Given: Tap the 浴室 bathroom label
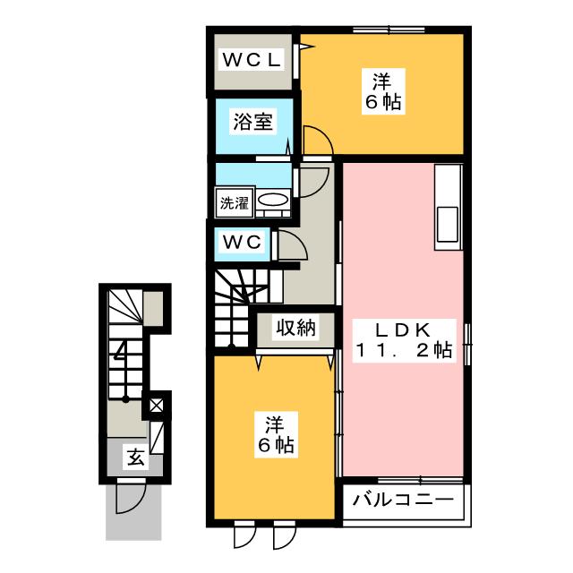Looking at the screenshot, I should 252,122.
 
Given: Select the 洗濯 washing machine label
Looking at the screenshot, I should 235,202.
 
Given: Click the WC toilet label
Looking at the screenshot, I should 241,242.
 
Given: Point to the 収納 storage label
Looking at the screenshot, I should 295,329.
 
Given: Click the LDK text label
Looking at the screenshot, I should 404,328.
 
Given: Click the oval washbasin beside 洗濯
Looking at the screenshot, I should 273,201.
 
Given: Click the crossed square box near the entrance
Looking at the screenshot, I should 157,406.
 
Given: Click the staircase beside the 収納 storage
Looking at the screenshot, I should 235,309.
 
